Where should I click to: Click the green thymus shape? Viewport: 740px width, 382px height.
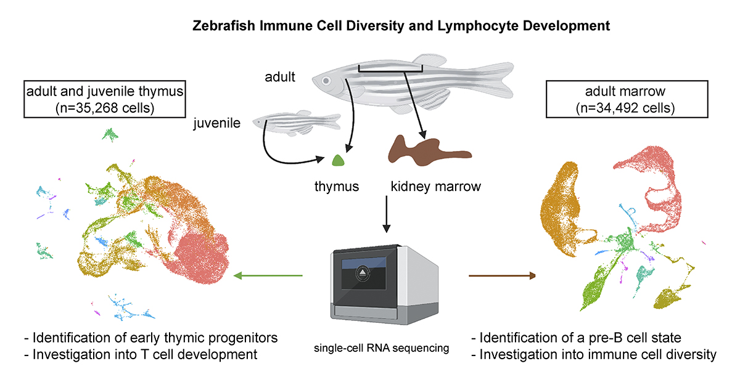(x=338, y=160)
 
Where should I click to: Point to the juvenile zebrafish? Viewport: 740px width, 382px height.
(x=296, y=121)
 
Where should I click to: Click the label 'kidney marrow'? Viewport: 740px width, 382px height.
(x=435, y=186)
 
